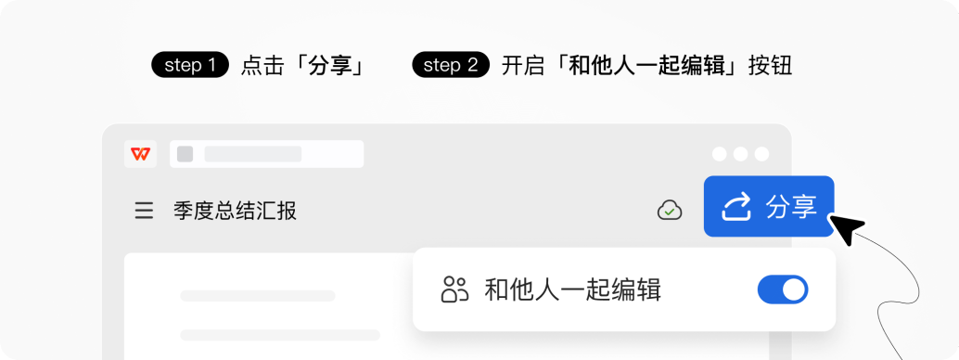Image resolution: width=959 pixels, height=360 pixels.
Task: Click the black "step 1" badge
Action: point(189,66)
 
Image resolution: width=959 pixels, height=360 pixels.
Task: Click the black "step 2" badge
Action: point(450,66)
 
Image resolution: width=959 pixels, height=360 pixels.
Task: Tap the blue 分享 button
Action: point(769,206)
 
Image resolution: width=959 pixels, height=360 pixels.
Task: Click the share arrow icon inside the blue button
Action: point(735,207)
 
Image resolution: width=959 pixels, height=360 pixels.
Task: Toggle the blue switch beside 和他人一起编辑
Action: point(783,289)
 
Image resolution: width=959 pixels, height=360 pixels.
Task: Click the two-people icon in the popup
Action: point(454,289)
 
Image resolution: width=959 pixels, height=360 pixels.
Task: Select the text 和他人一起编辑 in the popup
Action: point(572,289)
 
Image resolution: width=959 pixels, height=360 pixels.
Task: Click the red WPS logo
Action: point(141,154)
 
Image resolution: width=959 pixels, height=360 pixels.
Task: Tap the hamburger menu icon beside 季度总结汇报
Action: point(144,212)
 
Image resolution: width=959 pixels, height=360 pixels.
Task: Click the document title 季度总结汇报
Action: point(235,212)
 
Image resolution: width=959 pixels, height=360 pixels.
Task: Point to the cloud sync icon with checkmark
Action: point(669,212)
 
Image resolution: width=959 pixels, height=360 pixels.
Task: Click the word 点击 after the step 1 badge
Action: point(262,67)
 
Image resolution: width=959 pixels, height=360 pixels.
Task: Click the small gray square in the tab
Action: point(185,154)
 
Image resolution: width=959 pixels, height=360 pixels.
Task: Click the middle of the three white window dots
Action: point(740,154)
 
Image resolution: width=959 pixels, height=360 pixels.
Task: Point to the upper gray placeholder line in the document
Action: point(258,296)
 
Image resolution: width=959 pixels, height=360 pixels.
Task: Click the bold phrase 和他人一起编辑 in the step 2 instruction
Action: point(646,67)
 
